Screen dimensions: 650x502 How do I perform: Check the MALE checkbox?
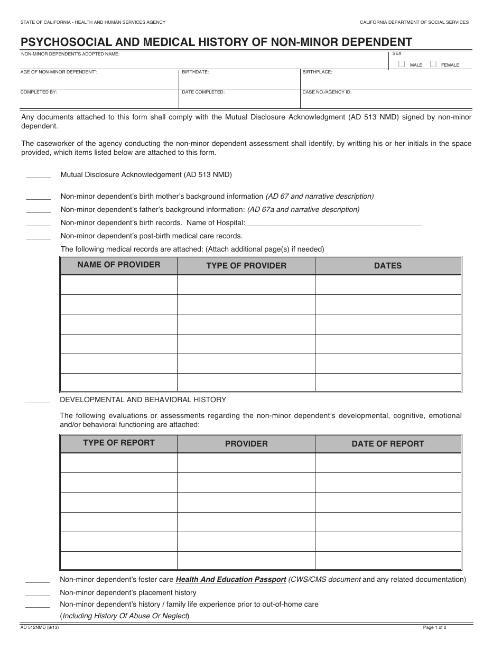point(402,64)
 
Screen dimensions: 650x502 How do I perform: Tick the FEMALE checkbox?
point(433,64)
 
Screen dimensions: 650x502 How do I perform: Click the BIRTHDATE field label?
point(196,72)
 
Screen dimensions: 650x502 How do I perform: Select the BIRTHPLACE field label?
point(317,72)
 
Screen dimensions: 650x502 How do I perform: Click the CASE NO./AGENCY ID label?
point(327,92)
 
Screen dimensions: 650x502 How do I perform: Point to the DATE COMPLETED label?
point(203,92)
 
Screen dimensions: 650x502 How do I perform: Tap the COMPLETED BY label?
point(39,92)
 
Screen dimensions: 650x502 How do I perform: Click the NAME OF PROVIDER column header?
point(118,265)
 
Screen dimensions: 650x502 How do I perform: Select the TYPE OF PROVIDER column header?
point(246,266)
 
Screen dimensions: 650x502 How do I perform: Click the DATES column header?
point(388,266)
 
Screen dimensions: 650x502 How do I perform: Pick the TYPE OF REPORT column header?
point(118,443)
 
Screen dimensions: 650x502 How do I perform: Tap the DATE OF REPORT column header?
point(388,444)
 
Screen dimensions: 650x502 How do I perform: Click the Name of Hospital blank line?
point(334,224)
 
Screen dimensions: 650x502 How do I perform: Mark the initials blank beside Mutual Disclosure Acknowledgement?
point(38,176)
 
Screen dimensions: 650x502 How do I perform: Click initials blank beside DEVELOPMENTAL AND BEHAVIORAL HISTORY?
point(38,401)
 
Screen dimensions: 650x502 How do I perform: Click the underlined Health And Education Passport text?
point(231,580)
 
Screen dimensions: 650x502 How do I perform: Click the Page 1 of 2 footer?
point(434,627)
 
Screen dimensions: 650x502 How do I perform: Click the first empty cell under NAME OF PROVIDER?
point(118,285)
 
